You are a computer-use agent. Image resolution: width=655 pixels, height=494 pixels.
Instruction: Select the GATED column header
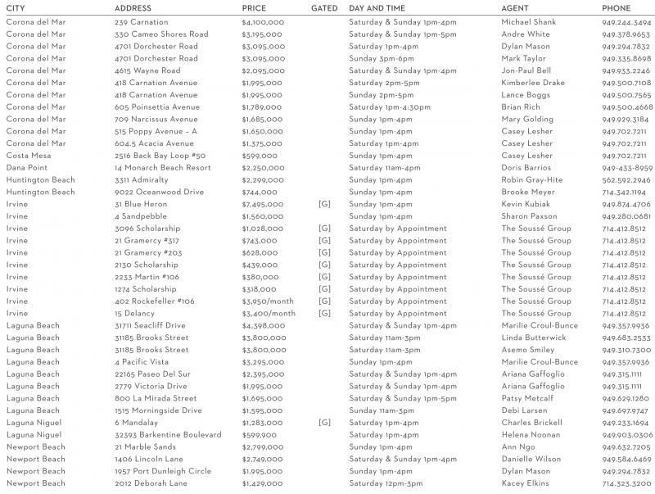pos(324,8)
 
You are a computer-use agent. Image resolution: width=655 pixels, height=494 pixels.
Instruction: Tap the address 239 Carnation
pos(142,22)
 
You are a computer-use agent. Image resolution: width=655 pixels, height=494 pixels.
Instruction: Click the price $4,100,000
pos(263,22)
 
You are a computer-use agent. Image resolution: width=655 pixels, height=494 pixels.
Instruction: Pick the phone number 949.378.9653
pos(626,34)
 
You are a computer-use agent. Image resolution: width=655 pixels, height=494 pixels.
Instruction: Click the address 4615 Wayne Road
pos(147,71)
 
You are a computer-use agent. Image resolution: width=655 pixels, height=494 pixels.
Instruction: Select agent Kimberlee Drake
pos(533,83)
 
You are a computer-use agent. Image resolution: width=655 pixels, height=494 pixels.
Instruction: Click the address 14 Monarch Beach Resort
pos(162,168)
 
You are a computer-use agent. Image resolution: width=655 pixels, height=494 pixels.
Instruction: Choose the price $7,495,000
pos(263,204)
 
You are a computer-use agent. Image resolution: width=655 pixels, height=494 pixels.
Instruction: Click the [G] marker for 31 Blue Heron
pos(324,204)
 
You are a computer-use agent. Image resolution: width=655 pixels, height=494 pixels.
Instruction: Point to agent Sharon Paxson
pos(531,216)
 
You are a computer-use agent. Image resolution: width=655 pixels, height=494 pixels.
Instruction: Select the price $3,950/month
pos(269,301)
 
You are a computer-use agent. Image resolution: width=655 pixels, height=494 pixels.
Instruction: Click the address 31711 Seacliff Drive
pos(150,325)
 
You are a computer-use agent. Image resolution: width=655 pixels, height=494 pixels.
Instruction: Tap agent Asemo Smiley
pos(527,350)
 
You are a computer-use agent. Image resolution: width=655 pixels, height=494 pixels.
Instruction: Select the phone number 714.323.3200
pos(626,483)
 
